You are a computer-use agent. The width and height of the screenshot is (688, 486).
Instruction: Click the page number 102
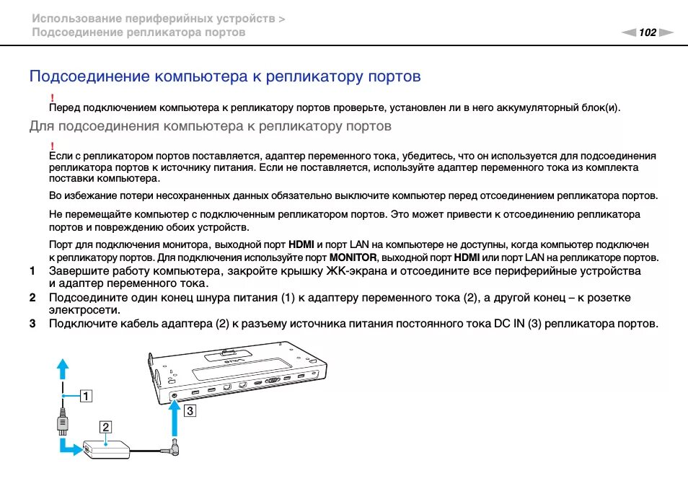pos(648,32)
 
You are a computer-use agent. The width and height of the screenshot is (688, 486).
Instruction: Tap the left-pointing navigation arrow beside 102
pos(630,32)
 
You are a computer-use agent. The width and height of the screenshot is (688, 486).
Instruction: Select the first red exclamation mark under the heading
pos(52,97)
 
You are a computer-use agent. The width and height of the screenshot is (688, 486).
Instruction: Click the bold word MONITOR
pos(353,257)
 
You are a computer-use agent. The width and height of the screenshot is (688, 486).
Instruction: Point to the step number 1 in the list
pos(32,271)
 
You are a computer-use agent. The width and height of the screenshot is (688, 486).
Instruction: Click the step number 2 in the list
pos(32,298)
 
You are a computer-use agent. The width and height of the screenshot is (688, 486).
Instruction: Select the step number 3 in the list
pos(32,324)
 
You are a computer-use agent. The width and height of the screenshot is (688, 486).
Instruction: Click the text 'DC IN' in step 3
pos(509,324)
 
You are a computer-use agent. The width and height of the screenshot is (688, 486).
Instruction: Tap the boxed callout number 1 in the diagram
pos(86,395)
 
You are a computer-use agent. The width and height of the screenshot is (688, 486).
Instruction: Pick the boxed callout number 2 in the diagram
pos(105,427)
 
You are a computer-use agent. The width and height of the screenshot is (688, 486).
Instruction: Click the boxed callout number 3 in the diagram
pos(190,412)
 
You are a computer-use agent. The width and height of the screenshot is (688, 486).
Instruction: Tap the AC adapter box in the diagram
pos(107,448)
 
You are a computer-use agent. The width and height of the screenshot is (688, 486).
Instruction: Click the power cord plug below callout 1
pos(63,421)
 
